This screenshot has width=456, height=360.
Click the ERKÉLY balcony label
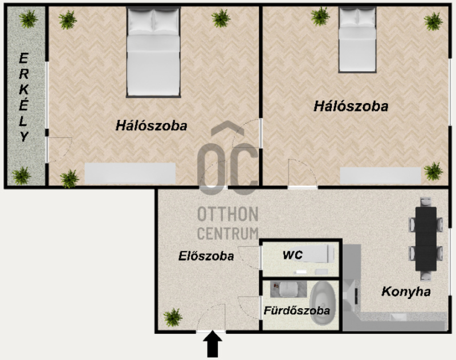click(23, 97)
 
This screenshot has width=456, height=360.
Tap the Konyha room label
click(406, 292)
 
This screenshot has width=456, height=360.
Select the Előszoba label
click(206, 256)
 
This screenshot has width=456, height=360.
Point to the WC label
click(292, 255)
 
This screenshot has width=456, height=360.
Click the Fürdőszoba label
click(296, 310)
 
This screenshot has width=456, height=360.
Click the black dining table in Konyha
click(426, 239)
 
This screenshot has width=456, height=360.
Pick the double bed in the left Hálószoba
click(153, 52)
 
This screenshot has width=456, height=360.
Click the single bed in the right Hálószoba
click(357, 40)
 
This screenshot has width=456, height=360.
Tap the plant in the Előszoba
click(173, 317)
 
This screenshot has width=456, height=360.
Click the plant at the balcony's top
click(28, 19)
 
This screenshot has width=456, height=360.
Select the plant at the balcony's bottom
click(21, 175)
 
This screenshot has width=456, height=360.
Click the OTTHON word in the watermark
click(227, 214)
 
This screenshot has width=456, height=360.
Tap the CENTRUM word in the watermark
click(227, 233)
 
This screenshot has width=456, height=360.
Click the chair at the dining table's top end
click(426, 202)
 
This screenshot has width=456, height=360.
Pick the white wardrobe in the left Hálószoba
click(130, 173)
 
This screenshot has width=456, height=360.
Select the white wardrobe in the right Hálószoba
click(380, 175)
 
